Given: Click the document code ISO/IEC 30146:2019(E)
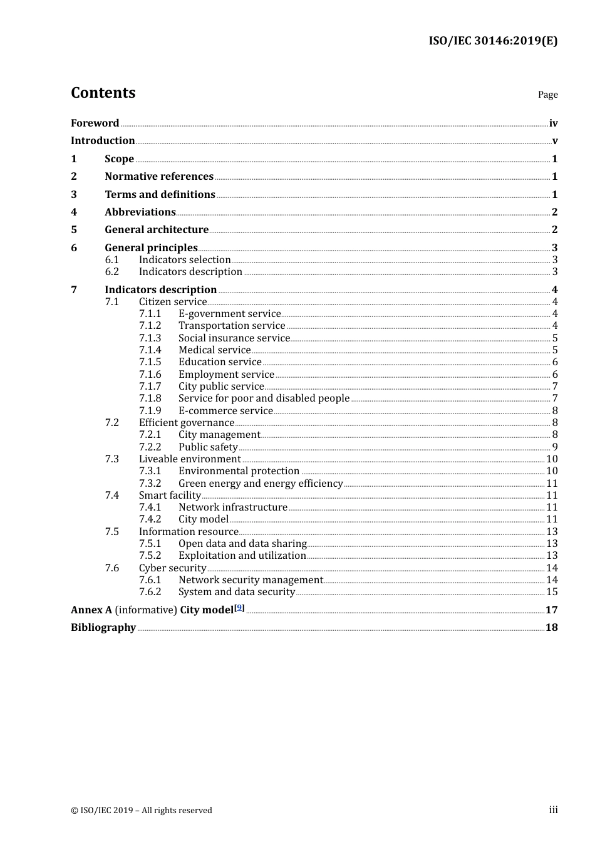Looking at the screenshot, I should (x=493, y=41).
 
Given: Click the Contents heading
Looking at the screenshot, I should (x=103, y=93).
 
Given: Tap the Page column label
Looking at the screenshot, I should (x=547, y=95).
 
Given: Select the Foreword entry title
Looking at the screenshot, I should (x=95, y=123).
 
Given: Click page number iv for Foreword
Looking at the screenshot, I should (x=553, y=123).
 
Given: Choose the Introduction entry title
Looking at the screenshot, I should (x=103, y=141).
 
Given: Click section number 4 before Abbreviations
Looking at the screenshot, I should (x=74, y=212).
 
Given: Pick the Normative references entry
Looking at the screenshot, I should (x=159, y=177).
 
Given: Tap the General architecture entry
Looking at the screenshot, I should (x=157, y=230).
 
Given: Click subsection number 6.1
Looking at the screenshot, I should (x=111, y=260).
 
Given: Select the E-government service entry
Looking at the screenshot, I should (x=229, y=314).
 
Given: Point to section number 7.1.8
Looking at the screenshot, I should (x=150, y=398).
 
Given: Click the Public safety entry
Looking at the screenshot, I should (x=208, y=447).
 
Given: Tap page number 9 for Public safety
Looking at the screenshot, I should (x=555, y=447).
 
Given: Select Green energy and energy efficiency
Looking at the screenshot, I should (x=261, y=484).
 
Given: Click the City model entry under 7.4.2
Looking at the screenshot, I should (x=204, y=519).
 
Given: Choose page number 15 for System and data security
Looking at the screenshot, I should (x=552, y=592).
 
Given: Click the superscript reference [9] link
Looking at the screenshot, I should (x=239, y=608).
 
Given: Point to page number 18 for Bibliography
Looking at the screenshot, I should (x=551, y=628).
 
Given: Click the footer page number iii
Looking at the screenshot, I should (x=553, y=810).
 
